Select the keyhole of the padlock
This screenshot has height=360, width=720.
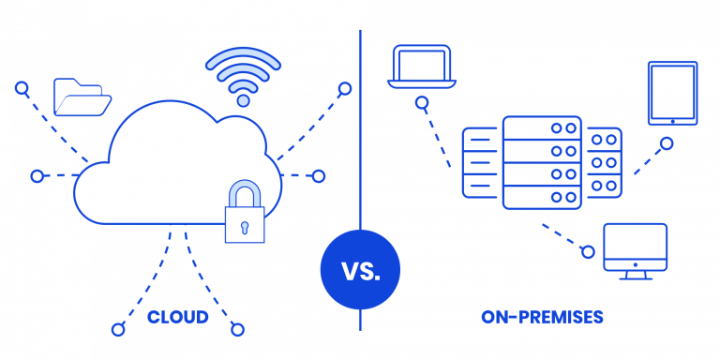click(x=244, y=226)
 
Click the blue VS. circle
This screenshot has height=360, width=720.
click(x=360, y=271)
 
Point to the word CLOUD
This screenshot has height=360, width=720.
click(x=178, y=318)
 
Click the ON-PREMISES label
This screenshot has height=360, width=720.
click(x=543, y=318)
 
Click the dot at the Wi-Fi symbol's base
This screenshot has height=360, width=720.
click(x=243, y=99)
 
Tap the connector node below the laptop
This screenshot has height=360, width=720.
click(x=423, y=102)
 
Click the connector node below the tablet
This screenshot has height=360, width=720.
click(x=667, y=144)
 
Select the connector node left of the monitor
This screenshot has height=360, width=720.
click(x=588, y=251)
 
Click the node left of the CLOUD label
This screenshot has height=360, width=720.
click(x=118, y=329)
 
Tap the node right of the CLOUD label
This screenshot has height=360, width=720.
click(x=238, y=329)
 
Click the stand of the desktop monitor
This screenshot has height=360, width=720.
click(x=636, y=275)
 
